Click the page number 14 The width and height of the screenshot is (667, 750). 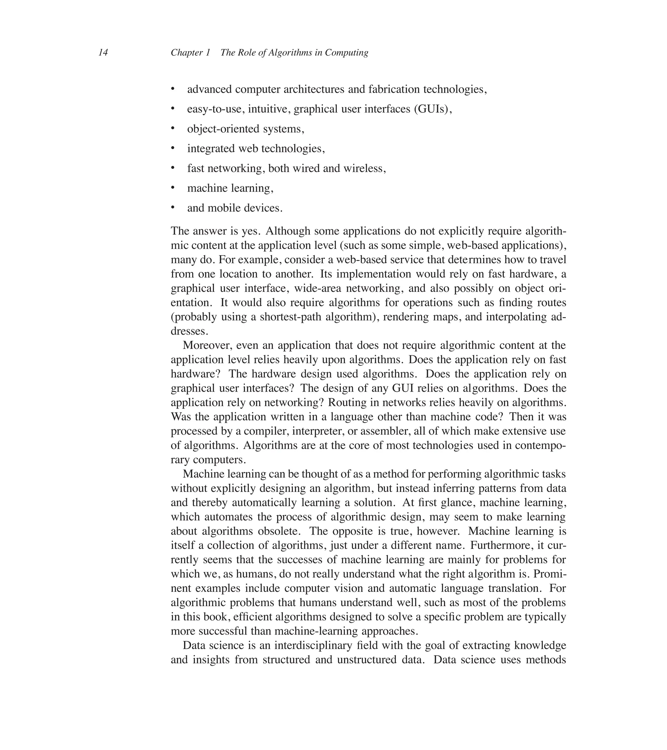[x=103, y=52]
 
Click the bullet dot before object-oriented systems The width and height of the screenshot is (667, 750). [x=173, y=128]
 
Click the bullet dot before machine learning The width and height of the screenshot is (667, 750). [x=173, y=187]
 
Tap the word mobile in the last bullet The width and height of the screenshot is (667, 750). [x=224, y=208]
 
